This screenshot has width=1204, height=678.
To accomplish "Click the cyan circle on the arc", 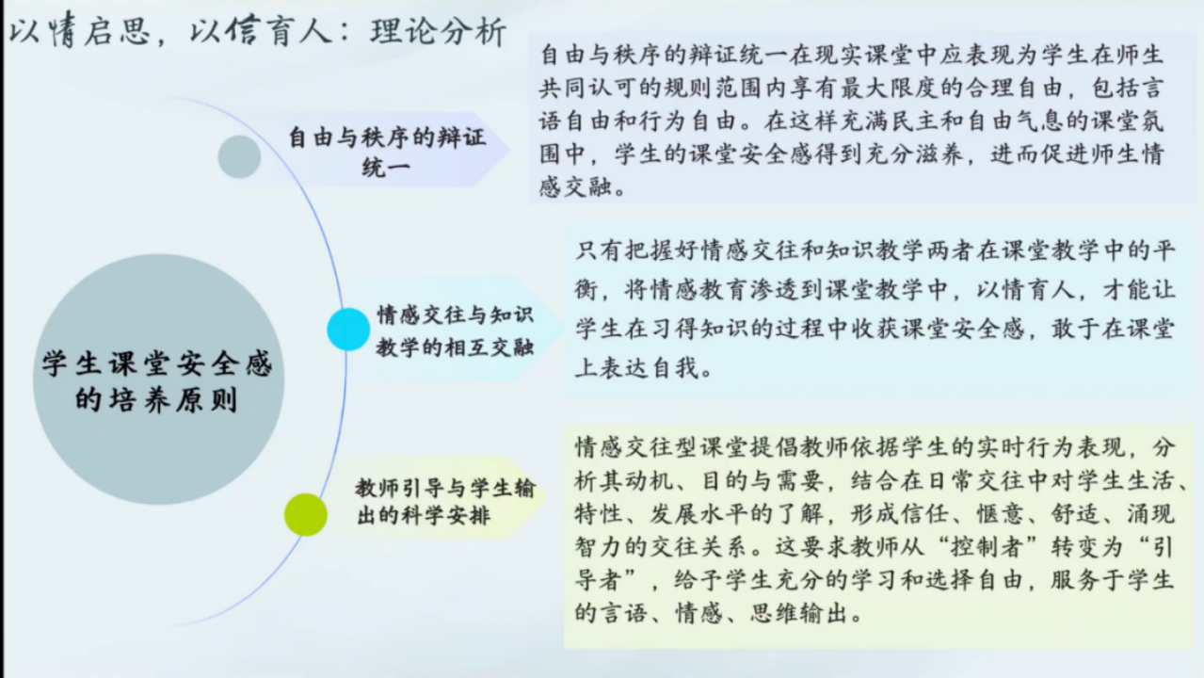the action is pos(348,330).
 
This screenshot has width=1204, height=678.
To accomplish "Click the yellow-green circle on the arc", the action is pos(306,514).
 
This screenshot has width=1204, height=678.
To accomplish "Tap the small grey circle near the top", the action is pos(240,156).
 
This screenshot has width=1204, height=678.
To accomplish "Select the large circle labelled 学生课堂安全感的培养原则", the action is pos(158,379).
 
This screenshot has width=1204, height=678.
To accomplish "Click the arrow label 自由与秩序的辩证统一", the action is pos(387,151).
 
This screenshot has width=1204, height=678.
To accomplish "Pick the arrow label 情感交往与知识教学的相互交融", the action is pos(455,331).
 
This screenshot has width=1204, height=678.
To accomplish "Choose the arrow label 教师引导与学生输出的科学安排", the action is pos(444,501).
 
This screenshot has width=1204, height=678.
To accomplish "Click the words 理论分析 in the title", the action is pos(438,31).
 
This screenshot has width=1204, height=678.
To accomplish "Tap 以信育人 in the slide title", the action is pos(260,30).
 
